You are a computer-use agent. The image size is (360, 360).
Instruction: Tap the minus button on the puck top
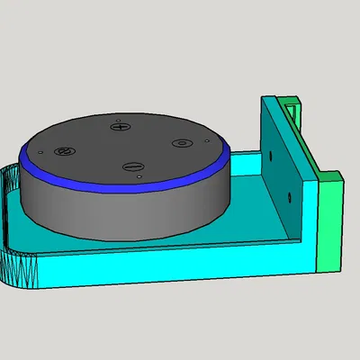click(132, 166)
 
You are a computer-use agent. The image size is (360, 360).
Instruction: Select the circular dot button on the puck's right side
click(181, 143)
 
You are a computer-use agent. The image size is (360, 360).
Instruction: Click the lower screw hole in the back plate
click(289, 194)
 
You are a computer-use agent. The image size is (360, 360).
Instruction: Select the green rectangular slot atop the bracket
click(291, 105)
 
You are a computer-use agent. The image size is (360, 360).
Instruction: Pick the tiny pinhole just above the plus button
click(118, 116)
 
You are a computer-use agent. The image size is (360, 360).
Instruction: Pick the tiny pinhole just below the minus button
click(141, 178)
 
